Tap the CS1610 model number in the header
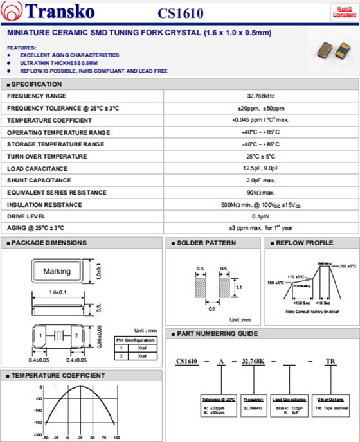(180, 13)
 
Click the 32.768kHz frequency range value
(261, 96)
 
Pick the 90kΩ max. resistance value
(261, 193)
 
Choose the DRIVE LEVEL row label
(26, 217)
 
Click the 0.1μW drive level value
(261, 217)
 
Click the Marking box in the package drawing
(57, 271)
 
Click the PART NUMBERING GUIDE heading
(219, 333)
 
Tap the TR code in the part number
(330, 362)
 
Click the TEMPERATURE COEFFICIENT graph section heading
(59, 375)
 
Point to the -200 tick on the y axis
(37, 423)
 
